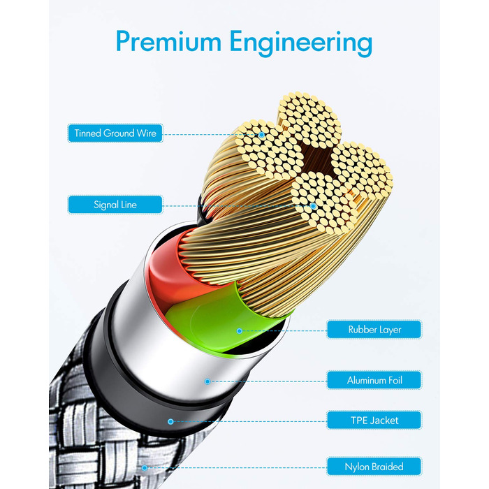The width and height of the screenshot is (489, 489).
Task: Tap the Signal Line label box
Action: (115, 205)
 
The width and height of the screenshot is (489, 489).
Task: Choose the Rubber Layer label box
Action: (374, 329)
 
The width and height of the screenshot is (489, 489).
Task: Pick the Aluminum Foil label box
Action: (374, 381)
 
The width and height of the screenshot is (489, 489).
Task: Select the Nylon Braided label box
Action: (374, 466)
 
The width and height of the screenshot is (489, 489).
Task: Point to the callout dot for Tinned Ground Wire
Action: (263, 134)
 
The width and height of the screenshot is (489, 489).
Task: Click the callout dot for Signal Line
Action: (314, 206)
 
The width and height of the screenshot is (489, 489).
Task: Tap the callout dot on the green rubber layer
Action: (240, 330)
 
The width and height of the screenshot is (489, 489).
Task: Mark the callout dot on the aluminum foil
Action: (207, 381)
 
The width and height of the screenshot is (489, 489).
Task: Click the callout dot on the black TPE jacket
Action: (170, 421)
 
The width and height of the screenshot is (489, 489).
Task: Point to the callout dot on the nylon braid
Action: (144, 467)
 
